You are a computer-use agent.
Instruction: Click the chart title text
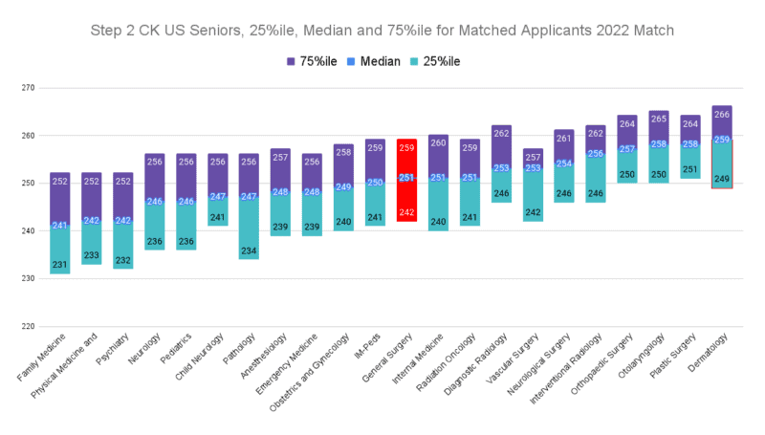[x=382, y=30]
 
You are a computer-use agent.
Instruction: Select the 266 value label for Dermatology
[x=722, y=115]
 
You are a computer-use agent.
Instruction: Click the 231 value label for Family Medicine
[x=59, y=265]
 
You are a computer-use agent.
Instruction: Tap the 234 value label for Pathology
[x=249, y=250]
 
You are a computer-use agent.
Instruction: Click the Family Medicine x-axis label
[x=43, y=363]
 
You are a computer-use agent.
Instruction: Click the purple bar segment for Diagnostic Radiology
[x=501, y=148]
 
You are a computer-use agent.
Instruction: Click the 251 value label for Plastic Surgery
[x=690, y=169]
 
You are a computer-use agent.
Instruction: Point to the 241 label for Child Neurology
[x=217, y=217]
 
